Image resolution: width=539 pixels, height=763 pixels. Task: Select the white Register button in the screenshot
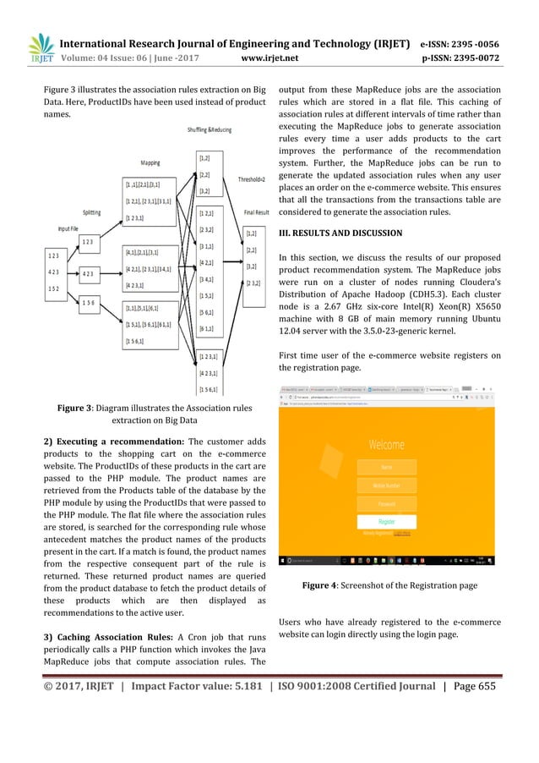pyautogui.click(x=386, y=523)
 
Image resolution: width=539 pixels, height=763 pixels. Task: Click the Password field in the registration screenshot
pyautogui.click(x=386, y=504)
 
